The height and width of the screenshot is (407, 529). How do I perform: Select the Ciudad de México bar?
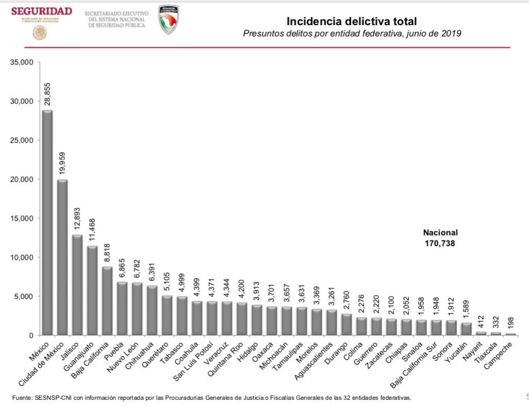coord(62,257)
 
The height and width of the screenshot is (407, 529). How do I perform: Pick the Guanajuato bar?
coord(92,290)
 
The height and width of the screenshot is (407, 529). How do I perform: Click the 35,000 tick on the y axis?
coord(22,62)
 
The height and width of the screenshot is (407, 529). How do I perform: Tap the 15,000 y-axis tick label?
coord(22,218)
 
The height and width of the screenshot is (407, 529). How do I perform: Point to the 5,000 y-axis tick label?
coord(24,296)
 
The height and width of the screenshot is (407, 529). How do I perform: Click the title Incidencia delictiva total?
coord(351,21)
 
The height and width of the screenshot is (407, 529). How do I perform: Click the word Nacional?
coord(440,233)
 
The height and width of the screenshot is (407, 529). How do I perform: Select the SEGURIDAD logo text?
coord(41,11)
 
